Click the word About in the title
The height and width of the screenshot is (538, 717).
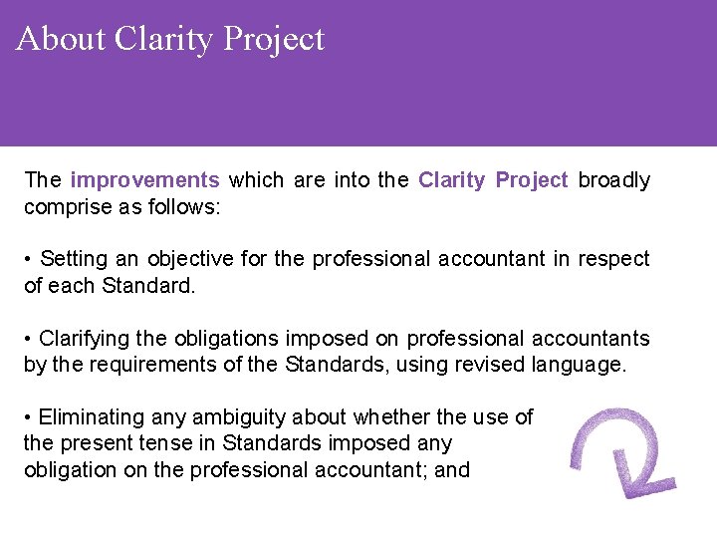(x=61, y=39)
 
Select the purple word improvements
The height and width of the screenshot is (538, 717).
(x=145, y=180)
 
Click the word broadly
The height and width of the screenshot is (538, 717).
(x=613, y=180)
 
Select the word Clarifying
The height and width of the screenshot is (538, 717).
(x=94, y=339)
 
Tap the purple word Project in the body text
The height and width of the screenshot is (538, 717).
(x=532, y=180)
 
